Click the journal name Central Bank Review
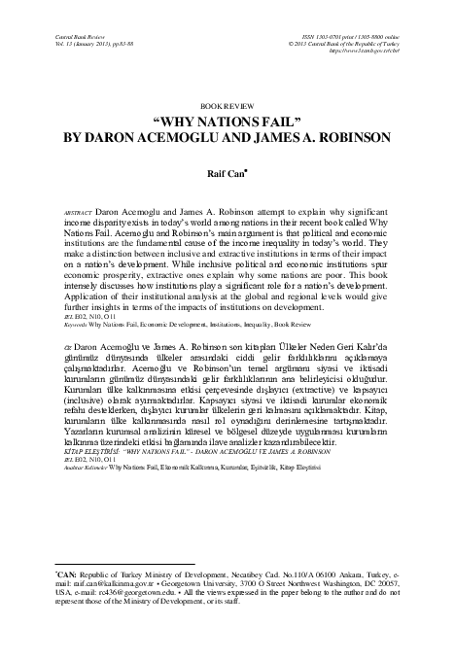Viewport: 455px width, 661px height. point(56,33)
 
